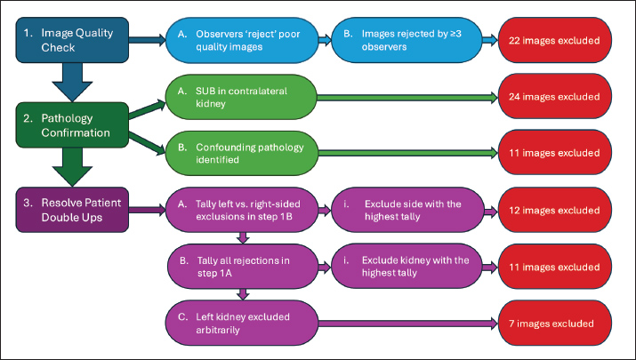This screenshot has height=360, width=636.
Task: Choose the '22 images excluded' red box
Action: [x=553, y=41]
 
